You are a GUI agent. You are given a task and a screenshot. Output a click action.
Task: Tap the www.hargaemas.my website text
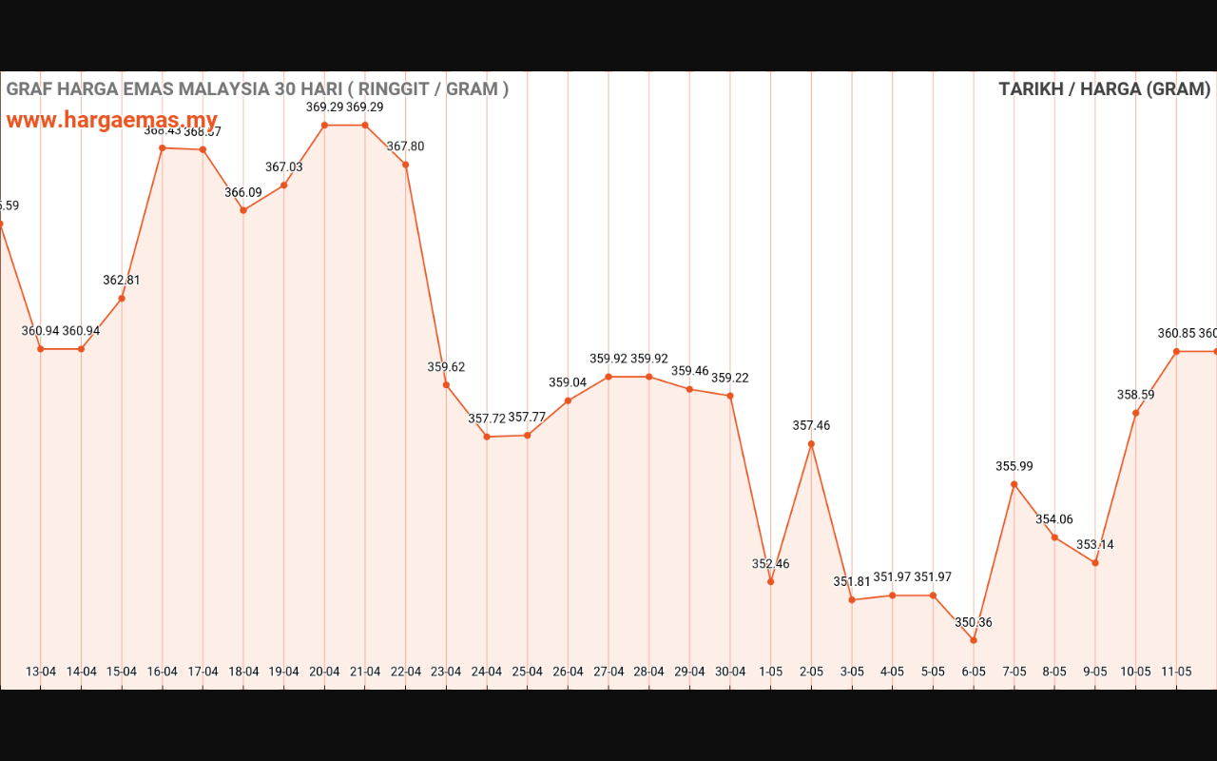tap(112, 121)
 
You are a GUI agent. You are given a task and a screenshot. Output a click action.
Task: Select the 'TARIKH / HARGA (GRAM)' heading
tap(1104, 89)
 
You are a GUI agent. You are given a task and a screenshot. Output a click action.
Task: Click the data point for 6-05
tap(974, 640)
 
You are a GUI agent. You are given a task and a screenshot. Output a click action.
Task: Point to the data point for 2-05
tap(811, 443)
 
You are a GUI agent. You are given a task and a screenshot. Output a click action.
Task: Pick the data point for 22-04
tap(406, 165)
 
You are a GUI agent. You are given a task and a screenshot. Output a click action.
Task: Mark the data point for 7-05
tap(1014, 484)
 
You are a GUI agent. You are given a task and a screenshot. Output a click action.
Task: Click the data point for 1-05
tap(770, 581)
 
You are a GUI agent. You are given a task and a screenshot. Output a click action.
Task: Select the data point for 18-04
tap(243, 210)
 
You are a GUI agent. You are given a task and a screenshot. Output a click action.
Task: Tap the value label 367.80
tap(406, 146)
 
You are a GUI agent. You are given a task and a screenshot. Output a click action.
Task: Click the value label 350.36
tap(974, 623)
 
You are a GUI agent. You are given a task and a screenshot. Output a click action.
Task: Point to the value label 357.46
tap(811, 426)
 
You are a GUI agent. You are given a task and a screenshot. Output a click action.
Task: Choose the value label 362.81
tap(122, 281)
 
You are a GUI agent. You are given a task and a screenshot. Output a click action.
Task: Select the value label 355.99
tap(1014, 467)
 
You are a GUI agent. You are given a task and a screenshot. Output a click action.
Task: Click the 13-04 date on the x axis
tap(41, 672)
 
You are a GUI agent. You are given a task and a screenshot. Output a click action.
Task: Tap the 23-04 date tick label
tap(446, 672)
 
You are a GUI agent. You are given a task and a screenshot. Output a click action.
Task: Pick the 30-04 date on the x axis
tap(730, 672)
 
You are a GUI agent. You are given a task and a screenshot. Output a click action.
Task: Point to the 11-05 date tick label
tap(1176, 672)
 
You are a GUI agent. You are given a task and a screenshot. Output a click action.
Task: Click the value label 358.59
tap(1136, 395)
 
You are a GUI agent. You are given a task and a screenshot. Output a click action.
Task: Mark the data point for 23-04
tap(446, 384)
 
